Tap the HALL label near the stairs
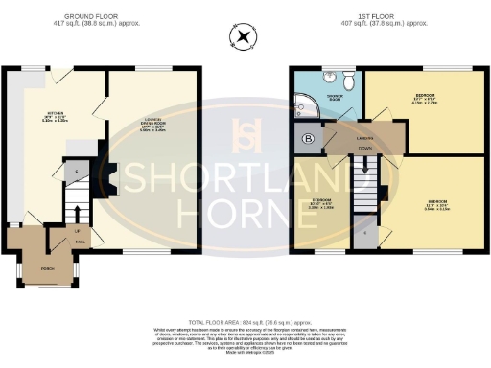tap(80, 241)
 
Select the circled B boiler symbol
tap(308, 137)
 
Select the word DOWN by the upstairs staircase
tap(362, 149)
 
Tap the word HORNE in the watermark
tap(245, 208)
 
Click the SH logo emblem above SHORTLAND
tap(245, 136)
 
